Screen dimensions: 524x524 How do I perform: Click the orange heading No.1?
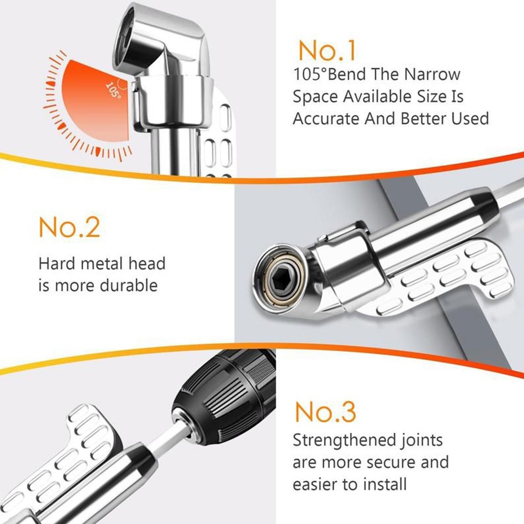click(x=327, y=51)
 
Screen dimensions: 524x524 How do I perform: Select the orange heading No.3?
click(x=325, y=411)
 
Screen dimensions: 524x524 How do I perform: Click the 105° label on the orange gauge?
click(x=113, y=90)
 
